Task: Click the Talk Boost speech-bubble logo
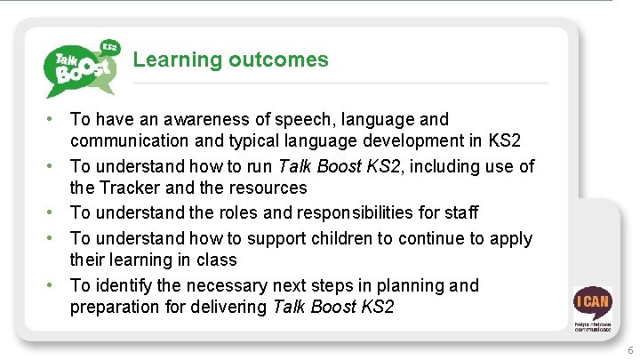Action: pyautogui.click(x=81, y=67)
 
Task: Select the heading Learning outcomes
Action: pyautogui.click(x=230, y=60)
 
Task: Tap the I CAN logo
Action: pyautogui.click(x=592, y=306)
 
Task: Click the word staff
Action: pyautogui.click(x=460, y=212)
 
